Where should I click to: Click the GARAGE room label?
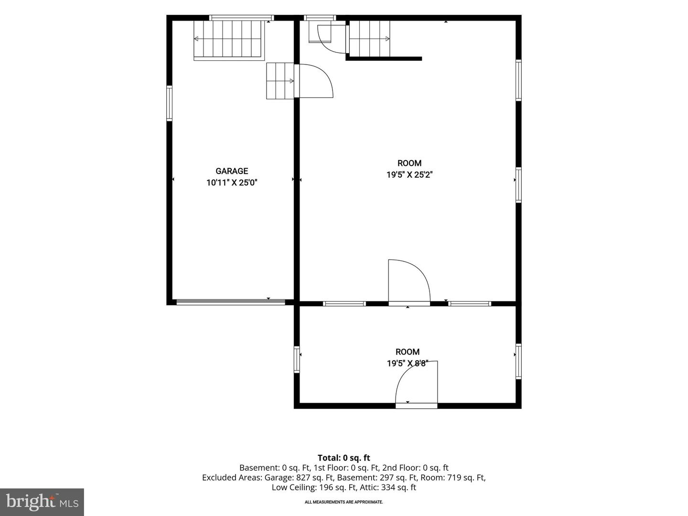232,171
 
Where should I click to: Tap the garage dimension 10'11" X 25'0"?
232,183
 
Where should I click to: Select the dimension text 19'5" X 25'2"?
409,175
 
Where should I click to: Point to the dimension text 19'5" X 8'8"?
408,364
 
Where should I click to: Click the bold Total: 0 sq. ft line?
344,458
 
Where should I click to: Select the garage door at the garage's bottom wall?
231,302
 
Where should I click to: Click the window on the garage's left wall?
169,103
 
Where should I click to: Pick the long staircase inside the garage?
229,40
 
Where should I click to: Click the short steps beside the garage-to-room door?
280,81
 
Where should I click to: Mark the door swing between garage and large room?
316,81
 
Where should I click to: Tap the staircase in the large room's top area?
370,39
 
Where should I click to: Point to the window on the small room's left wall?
297,359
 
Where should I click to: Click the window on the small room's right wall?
518,361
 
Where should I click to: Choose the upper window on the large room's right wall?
518,80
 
